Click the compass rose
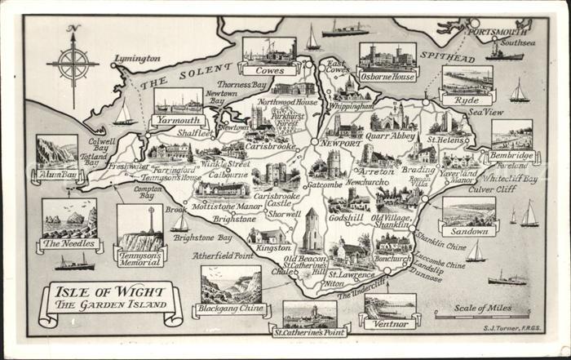(x=73, y=64)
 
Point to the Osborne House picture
(x=387, y=56)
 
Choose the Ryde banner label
(x=467, y=100)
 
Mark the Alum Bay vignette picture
(x=57, y=153)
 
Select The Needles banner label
(x=70, y=244)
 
